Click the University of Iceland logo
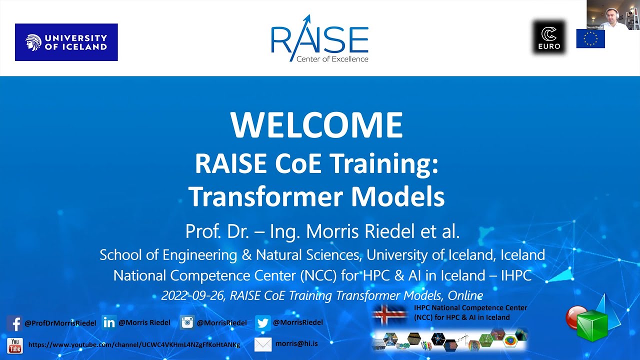[66, 42]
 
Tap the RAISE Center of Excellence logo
[319, 39]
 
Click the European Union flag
[590, 38]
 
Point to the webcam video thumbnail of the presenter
[613, 15]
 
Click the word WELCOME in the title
[316, 125]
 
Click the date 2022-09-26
[193, 295]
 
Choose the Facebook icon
[14, 323]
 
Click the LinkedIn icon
[108, 322]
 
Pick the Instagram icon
[187, 322]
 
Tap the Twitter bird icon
[262, 323]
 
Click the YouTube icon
[14, 345]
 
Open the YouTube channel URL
[134, 345]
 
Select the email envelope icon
[263, 344]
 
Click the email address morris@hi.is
[296, 343]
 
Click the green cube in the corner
[593, 325]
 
